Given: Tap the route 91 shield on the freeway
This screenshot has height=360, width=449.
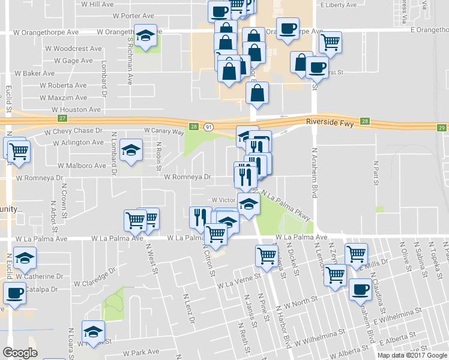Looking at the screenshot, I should pyautogui.click(x=208, y=127).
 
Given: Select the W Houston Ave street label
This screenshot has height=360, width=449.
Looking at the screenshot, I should pyautogui.click(x=76, y=110).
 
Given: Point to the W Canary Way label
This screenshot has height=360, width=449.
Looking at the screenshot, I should pyautogui.click(x=164, y=130).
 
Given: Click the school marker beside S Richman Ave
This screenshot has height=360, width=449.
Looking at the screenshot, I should pyautogui.click(x=145, y=37).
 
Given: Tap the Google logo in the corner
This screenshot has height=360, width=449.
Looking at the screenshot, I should pyautogui.click(x=20, y=353).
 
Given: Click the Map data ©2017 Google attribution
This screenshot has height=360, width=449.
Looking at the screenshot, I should pyautogui.click(x=412, y=355).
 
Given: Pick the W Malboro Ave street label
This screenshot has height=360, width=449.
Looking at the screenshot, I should pyautogui.click(x=82, y=165).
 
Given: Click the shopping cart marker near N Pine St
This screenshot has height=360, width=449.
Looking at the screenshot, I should pyautogui.click(x=267, y=256).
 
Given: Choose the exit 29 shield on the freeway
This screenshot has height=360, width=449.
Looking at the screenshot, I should pyautogui.click(x=442, y=128).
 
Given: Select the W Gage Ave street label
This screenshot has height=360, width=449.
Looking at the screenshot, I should pyautogui.click(x=73, y=61).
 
